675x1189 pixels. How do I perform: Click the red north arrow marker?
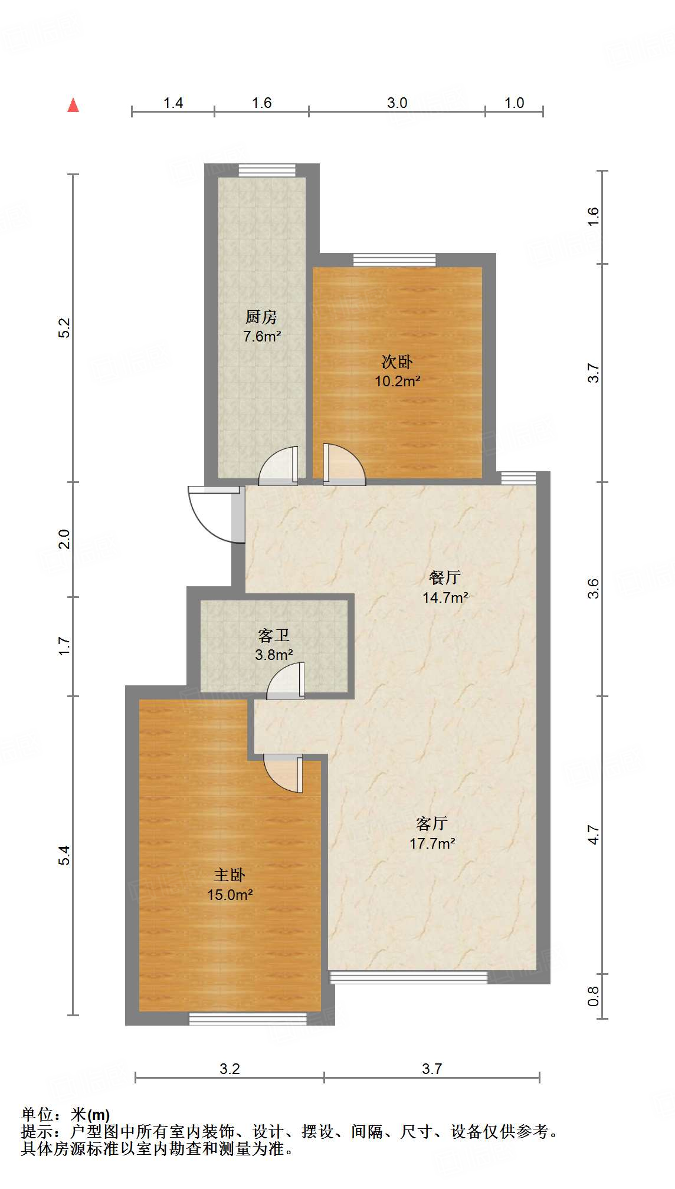[x=73, y=106]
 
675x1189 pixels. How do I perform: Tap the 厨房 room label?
[x=261, y=317]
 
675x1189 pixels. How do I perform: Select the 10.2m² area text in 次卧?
[x=397, y=382]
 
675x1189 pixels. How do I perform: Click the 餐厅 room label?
[x=445, y=577]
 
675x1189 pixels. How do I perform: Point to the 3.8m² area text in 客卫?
[x=274, y=655]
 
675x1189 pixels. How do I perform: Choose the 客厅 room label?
[x=432, y=823]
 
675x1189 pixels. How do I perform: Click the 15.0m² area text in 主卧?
[x=230, y=895]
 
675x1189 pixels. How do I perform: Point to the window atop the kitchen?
[x=267, y=170]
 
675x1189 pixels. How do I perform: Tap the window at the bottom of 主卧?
[x=247, y=1019]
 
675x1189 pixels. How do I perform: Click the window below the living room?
[x=408, y=978]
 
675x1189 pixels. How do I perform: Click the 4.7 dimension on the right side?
[x=594, y=835]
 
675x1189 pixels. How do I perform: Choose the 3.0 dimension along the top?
[x=397, y=103]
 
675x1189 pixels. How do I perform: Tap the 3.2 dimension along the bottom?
[x=230, y=1069]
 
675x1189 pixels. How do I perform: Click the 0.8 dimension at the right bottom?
[x=594, y=996]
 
